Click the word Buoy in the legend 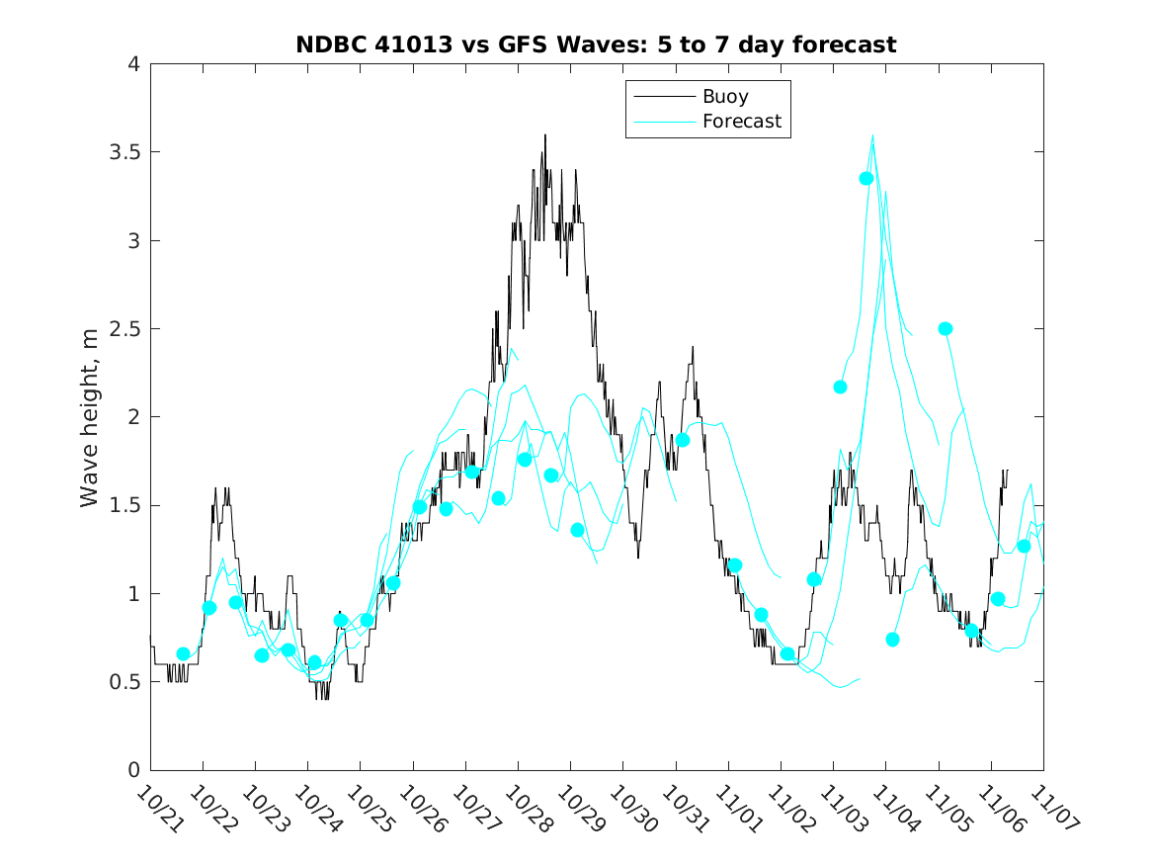coord(724,97)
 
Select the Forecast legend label coord(741,122)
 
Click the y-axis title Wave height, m coord(90,417)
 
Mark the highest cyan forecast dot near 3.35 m coord(866,178)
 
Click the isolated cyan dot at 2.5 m coord(946,328)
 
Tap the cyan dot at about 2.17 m coord(840,387)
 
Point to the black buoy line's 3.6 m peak coord(544,135)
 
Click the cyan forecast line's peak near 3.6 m coord(872,135)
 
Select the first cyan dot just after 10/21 coord(183,653)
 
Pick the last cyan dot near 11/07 coord(1024,546)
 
